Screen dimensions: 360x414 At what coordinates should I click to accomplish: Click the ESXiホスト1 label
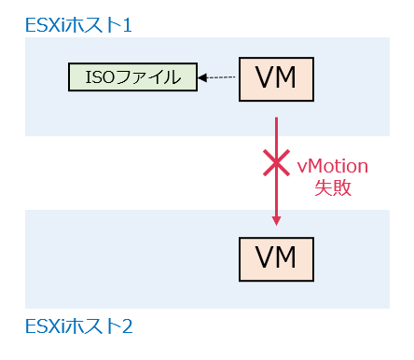pos(78,23)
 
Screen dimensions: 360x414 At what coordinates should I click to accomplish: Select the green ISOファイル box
pos(132,77)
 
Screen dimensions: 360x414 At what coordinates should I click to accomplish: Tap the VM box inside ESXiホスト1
pos(276,78)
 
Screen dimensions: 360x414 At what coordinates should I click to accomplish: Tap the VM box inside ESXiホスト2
pos(276,254)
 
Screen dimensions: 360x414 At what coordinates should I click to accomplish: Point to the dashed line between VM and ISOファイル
pos(223,77)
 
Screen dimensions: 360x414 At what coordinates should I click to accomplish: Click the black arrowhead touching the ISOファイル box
pos(201,77)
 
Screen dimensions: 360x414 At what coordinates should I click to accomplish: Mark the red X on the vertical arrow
pos(276,165)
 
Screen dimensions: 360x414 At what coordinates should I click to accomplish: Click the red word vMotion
pos(332,166)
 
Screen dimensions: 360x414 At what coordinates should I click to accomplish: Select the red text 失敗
pos(333,187)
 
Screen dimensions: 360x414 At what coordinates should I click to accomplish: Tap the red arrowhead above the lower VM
pos(276,221)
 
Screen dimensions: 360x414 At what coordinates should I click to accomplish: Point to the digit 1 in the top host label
pos(127,23)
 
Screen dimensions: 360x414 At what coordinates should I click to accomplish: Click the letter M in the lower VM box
pos(287,254)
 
